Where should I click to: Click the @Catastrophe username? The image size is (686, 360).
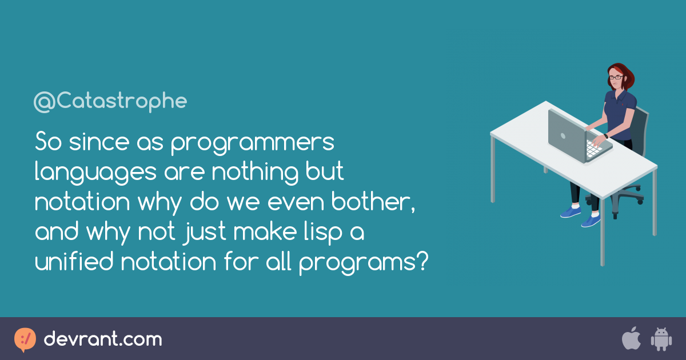pos(110,102)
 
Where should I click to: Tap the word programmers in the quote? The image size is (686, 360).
pos(252,143)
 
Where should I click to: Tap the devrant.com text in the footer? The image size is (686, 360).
pos(103,339)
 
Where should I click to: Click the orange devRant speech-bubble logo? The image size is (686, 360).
pos(25,339)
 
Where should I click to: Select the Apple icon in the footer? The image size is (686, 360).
pos(631,338)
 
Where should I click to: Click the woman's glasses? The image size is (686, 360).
pos(616,78)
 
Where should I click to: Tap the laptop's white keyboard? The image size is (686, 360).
pos(593,149)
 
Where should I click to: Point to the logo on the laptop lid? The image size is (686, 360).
pos(563,135)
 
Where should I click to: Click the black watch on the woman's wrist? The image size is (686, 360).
pos(606,136)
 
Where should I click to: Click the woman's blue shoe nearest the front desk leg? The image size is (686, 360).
pos(591,221)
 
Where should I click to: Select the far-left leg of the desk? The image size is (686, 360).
pos(493,169)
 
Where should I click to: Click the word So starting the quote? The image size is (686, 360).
pos(49,142)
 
